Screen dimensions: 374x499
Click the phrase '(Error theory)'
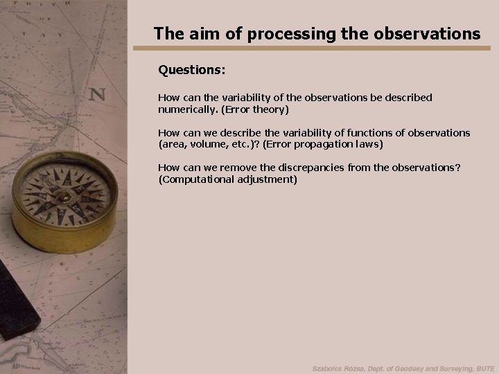click(254, 109)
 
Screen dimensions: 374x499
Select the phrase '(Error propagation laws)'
click(322, 144)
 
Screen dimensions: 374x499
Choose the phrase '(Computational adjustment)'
click(227, 179)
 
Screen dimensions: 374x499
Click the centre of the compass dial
click(64, 195)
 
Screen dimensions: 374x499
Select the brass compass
click(64, 201)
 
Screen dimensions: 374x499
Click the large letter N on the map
click(98, 93)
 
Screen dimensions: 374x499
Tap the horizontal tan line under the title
click(317, 48)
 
